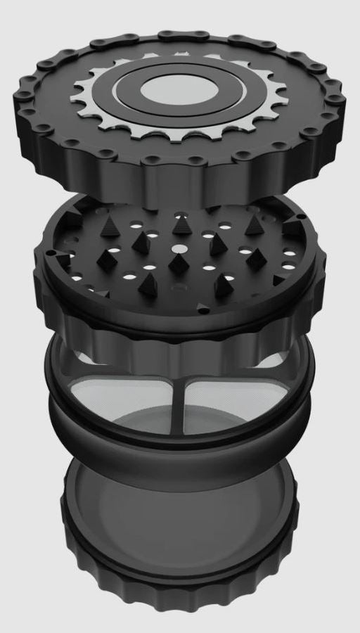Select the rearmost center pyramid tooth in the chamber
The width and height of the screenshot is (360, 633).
pos(181,225)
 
